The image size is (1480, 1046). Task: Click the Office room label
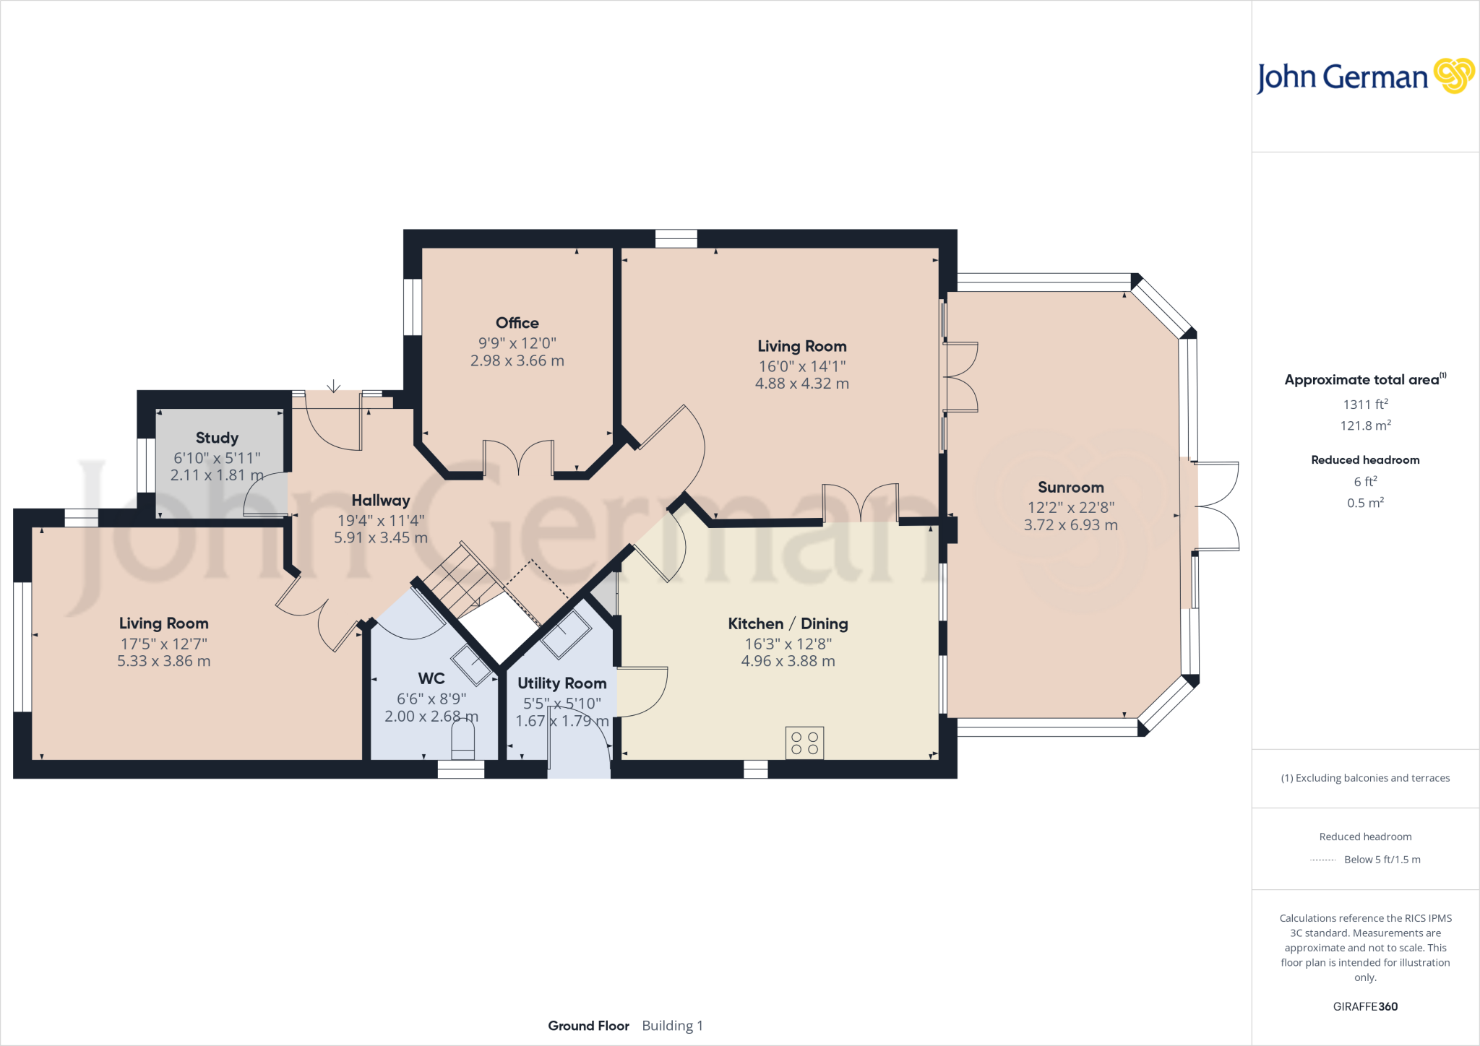click(x=517, y=323)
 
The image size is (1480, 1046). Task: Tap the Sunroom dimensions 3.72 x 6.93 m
click(x=1070, y=525)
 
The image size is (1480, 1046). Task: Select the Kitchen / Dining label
click(x=788, y=623)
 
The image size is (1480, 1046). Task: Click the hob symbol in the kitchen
click(x=804, y=743)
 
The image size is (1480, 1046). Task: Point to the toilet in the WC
click(x=462, y=741)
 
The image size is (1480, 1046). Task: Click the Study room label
click(x=217, y=438)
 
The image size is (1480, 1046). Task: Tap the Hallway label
click(x=380, y=500)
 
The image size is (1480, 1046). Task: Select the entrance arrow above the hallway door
click(x=333, y=386)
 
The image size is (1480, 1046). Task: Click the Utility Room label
click(x=562, y=683)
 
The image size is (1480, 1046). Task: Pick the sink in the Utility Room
click(x=567, y=634)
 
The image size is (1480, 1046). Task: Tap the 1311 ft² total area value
click(x=1364, y=405)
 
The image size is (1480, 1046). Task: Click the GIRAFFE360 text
click(x=1364, y=1006)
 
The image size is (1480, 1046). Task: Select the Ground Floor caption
click(x=588, y=1026)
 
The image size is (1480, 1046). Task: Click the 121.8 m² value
click(x=1364, y=425)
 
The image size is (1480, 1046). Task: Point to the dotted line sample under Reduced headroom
click(x=1322, y=860)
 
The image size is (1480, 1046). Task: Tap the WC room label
click(x=431, y=678)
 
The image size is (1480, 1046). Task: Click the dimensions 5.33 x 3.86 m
click(x=164, y=661)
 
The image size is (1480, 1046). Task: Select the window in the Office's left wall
click(x=413, y=307)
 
